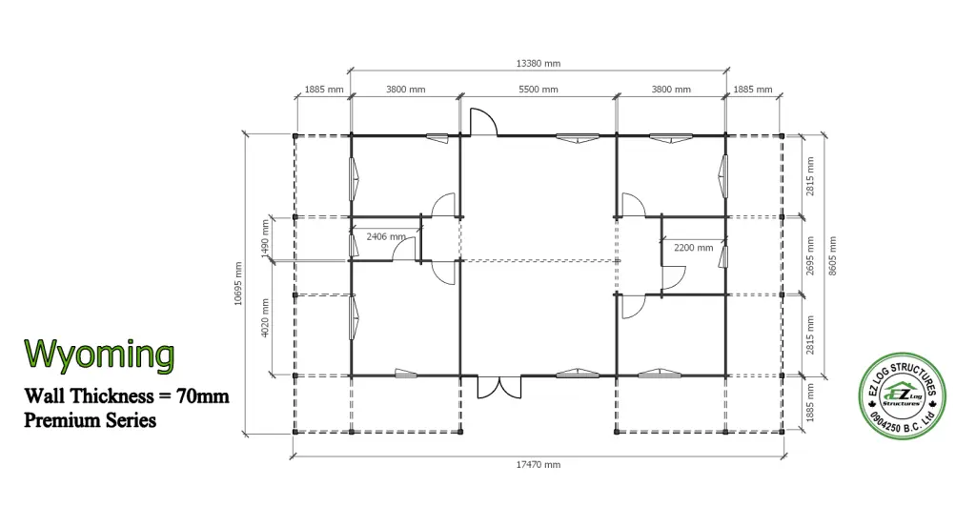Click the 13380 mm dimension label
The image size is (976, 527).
[538, 64]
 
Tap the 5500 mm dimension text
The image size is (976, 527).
[538, 90]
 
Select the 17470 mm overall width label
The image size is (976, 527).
[538, 465]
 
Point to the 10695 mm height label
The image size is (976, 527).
[238, 284]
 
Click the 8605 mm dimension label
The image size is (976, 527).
[832, 256]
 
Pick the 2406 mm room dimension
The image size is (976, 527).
[386, 236]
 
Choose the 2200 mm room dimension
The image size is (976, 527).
[694, 248]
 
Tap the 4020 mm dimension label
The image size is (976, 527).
[265, 318]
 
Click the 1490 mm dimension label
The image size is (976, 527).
[265, 238]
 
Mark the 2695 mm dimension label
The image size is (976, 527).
[810, 255]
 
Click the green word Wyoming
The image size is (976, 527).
[99, 355]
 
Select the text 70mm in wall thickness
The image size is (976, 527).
[203, 395]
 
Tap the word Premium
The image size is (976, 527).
[56, 420]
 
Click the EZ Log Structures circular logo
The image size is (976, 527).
[902, 395]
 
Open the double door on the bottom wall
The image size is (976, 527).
[499, 387]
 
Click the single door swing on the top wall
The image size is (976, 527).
[483, 121]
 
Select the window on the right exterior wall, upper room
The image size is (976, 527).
[723, 176]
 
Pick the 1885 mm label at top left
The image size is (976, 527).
[324, 90]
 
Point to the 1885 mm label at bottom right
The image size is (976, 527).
[810, 402]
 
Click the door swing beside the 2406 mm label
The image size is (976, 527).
[404, 249]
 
